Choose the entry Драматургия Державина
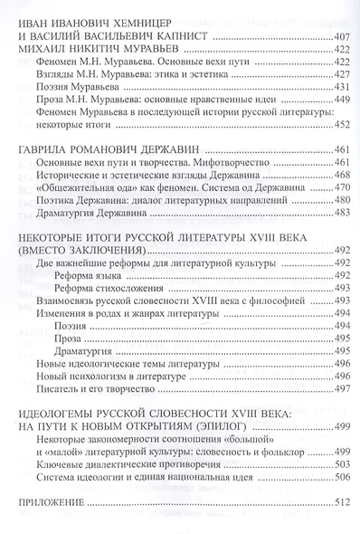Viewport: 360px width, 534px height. (x=95, y=212)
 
